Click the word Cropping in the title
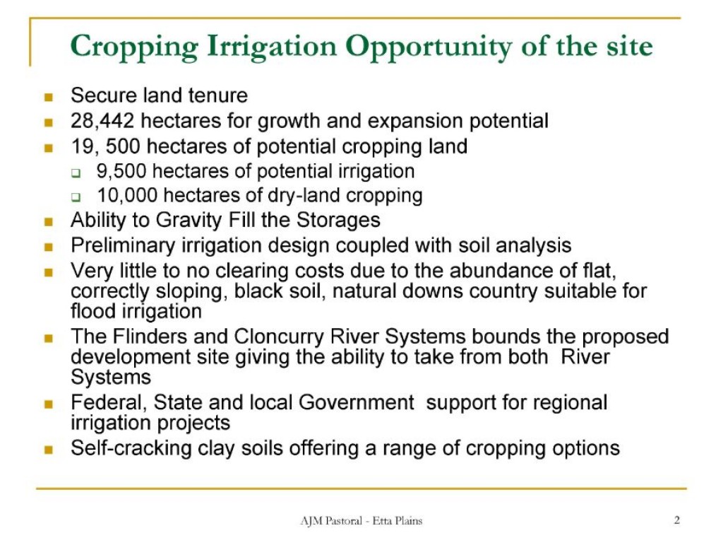(x=134, y=47)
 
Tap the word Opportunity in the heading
(x=429, y=47)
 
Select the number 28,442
(x=102, y=121)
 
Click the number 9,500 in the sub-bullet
(x=121, y=171)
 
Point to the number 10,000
(x=127, y=195)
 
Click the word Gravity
(x=189, y=221)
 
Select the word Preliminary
(x=123, y=245)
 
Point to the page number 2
(x=677, y=520)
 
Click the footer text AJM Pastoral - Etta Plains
(x=361, y=521)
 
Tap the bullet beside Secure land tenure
(x=49, y=97)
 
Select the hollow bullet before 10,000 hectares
(x=76, y=197)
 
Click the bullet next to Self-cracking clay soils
(x=49, y=449)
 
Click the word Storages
(x=338, y=221)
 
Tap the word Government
(x=357, y=402)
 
